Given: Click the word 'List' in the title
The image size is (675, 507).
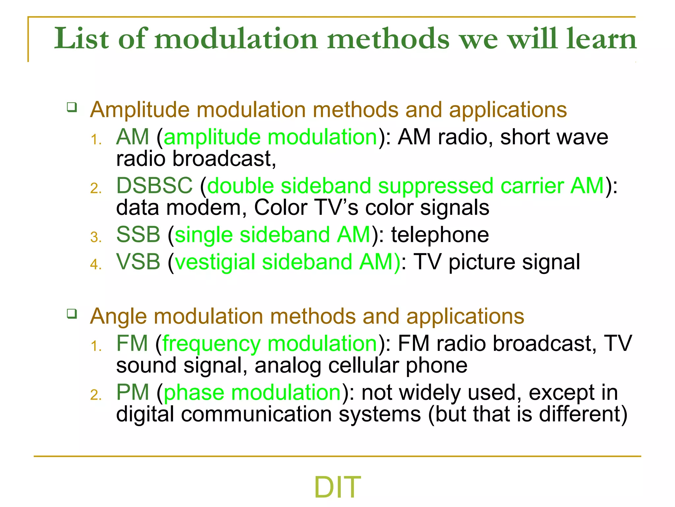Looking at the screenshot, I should point(81,39).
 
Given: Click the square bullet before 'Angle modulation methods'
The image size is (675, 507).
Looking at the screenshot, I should point(72,314).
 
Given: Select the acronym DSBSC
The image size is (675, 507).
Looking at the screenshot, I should point(154,186).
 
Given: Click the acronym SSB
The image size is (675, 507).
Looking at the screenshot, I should point(138,235).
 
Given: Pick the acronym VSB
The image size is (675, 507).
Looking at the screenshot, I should point(138,262).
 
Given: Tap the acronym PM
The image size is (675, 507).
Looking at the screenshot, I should point(132,392).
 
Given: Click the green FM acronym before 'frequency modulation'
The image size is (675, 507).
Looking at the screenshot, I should point(132,344).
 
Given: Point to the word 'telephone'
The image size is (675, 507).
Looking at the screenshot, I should point(440,235).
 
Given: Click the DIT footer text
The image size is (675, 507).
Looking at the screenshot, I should point(337,487).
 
